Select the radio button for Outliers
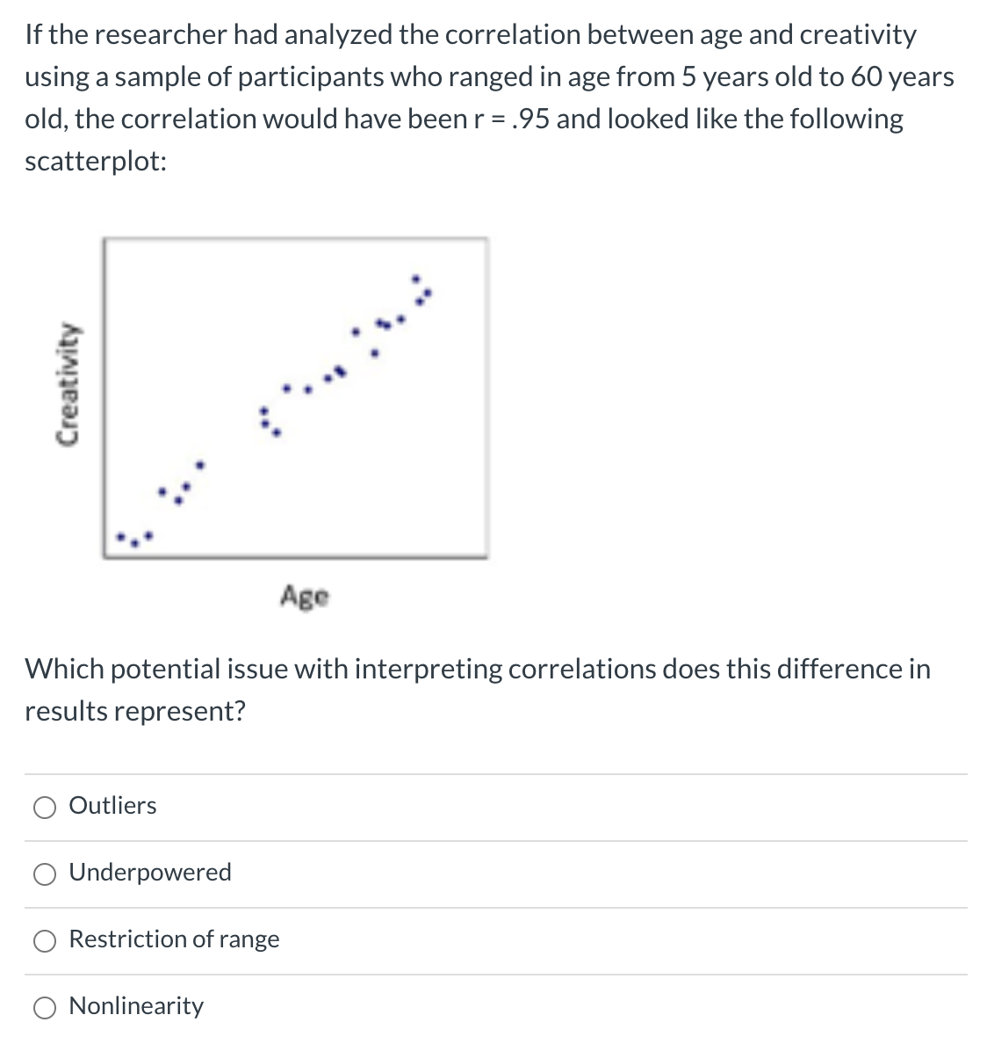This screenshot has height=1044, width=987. [44, 807]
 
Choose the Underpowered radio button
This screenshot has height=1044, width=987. [44, 874]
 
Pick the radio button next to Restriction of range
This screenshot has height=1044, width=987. [44, 940]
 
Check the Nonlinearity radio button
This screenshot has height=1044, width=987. [44, 1007]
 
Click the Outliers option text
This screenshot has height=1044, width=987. [112, 805]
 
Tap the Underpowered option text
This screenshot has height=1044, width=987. [150, 872]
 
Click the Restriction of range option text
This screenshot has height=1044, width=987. [174, 939]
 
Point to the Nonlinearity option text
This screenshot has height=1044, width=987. [136, 1005]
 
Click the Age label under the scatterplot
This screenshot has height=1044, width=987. [305, 597]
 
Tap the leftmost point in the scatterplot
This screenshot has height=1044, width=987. [122, 536]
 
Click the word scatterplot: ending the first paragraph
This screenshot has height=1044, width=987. [96, 161]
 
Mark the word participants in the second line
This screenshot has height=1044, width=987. [311, 76]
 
